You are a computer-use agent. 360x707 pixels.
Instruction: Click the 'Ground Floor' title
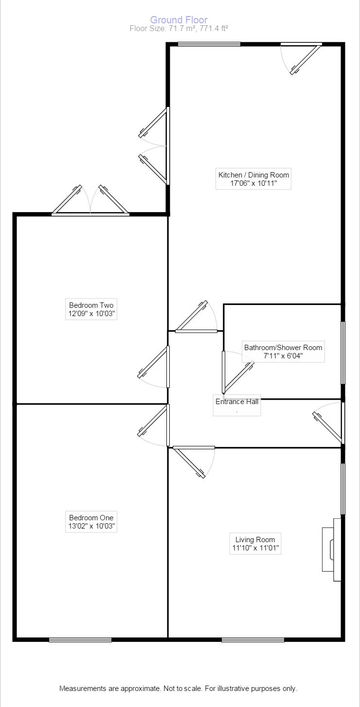coord(179,20)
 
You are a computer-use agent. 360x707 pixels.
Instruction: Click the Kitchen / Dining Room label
coord(253,175)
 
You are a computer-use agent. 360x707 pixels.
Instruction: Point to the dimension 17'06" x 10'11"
coord(253,184)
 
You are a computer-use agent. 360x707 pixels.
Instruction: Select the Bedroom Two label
coord(91,305)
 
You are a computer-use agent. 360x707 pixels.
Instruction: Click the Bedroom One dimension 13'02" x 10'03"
coord(91,526)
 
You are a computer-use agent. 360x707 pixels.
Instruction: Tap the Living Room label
coord(255,539)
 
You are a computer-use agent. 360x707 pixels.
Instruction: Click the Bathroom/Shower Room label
coord(283,348)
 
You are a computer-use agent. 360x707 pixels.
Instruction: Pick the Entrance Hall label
coord(237,402)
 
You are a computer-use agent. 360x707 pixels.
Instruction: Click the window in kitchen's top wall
coord(209,44)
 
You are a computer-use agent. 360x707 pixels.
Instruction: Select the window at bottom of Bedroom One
coord(80,640)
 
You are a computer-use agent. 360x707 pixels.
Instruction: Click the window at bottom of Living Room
coord(253,640)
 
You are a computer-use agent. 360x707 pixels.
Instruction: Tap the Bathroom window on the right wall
coord(343,353)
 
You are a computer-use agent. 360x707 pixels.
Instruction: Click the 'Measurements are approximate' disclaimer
coord(178,689)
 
